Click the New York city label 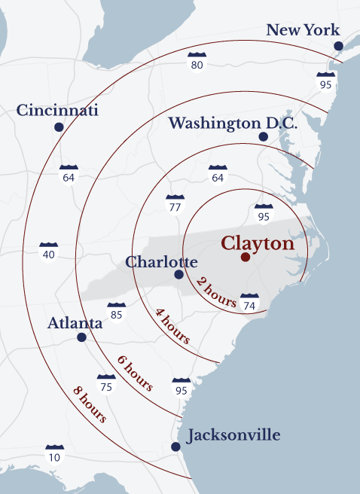click(303, 30)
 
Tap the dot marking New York click(338, 46)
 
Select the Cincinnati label click(58, 111)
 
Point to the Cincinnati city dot click(59, 127)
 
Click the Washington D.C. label click(233, 123)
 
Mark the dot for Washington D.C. click(263, 136)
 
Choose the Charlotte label click(161, 262)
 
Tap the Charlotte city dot click(178, 275)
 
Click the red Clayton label click(258, 244)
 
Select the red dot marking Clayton click(245, 258)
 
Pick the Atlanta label click(75, 323)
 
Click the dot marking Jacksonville click(175, 447)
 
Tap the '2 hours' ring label click(217, 291)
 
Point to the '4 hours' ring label click(172, 325)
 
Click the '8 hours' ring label click(89, 403)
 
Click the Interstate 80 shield click(197, 62)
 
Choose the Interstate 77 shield click(175, 203)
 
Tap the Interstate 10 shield click(54, 454)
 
